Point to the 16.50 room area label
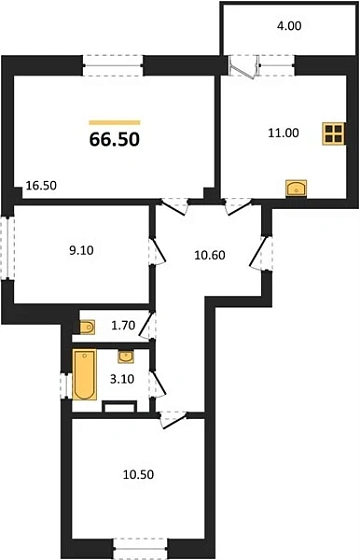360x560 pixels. (41, 185)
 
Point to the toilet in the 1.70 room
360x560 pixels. (88, 325)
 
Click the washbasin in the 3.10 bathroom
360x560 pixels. (125, 356)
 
